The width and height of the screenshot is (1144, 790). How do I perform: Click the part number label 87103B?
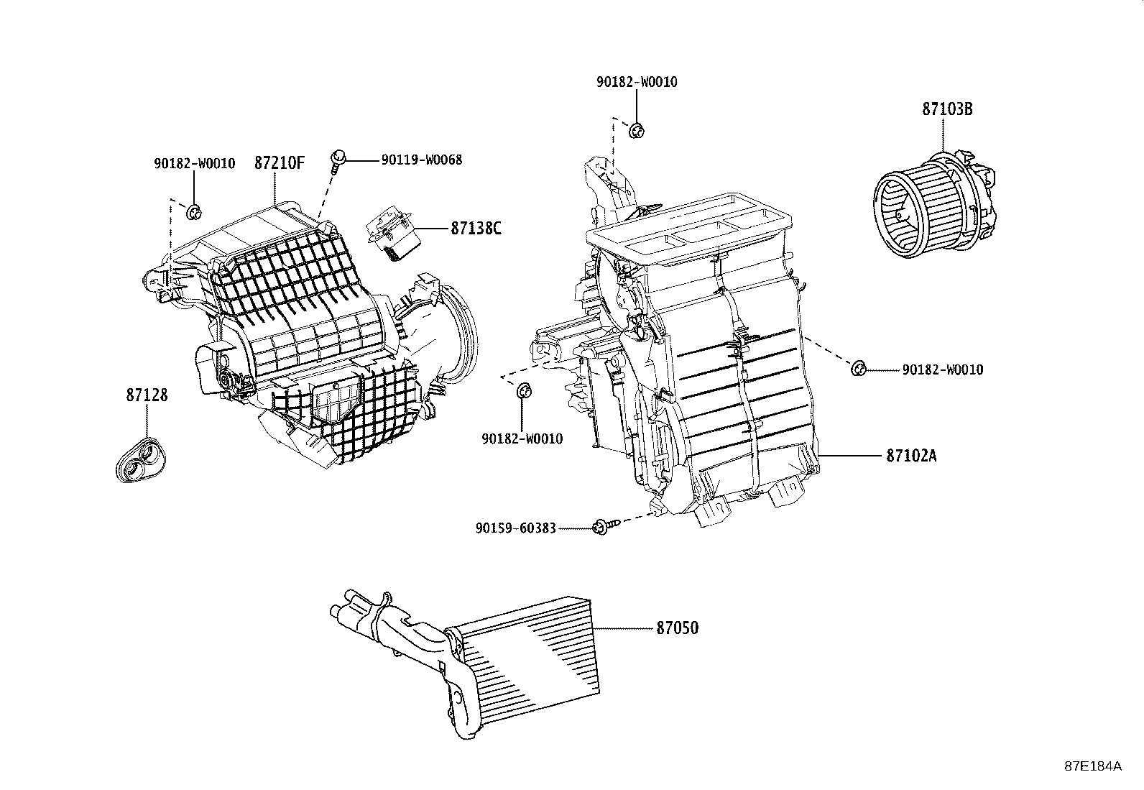tap(948, 109)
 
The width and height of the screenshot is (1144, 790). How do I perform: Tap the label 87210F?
tap(279, 163)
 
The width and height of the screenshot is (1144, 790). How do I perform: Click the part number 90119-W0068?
tap(421, 160)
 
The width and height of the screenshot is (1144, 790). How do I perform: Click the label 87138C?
tap(476, 229)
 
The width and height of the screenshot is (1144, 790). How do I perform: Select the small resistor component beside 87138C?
tap(392, 235)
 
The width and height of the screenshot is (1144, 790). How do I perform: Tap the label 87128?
tap(147, 395)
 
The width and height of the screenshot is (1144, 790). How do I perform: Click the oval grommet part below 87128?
tap(142, 460)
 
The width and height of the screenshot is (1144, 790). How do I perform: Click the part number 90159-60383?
tap(515, 528)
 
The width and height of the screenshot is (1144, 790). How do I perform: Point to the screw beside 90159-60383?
tap(599, 528)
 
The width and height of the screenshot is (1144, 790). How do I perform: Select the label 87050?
tap(676, 628)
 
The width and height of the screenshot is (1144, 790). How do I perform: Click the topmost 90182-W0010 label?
tap(636, 82)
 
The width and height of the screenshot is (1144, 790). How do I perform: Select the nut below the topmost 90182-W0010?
tap(636, 131)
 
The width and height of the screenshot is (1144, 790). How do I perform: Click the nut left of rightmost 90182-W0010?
tap(857, 369)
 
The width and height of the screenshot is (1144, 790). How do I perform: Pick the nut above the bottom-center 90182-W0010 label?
tap(524, 391)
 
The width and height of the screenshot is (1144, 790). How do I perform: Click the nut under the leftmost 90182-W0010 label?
tap(193, 212)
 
